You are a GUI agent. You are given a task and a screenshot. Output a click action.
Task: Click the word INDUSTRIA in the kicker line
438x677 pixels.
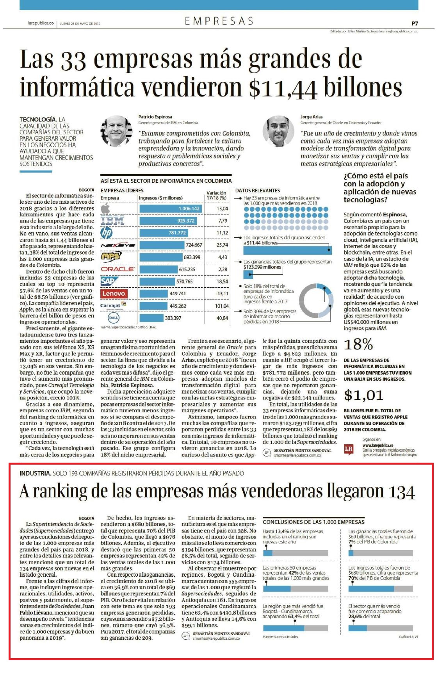pos(35,473)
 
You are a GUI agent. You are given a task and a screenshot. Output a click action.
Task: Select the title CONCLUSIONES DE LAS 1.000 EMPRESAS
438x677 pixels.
pos(313,522)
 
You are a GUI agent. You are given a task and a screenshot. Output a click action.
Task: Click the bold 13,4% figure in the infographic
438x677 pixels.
pos(281,531)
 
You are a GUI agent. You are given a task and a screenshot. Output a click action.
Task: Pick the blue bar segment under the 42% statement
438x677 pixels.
pos(277,588)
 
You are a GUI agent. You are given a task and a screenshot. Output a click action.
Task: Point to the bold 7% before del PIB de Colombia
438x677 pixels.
pos(352,542)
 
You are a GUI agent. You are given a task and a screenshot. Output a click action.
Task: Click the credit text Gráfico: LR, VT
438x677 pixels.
pos(408,636)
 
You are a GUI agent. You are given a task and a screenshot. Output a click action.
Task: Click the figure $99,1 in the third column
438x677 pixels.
pos(189,625)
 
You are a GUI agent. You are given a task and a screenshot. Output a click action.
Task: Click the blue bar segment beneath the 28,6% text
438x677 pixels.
pos(358,628)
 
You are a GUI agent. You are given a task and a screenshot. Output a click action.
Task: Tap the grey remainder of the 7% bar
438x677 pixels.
pos(383,553)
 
